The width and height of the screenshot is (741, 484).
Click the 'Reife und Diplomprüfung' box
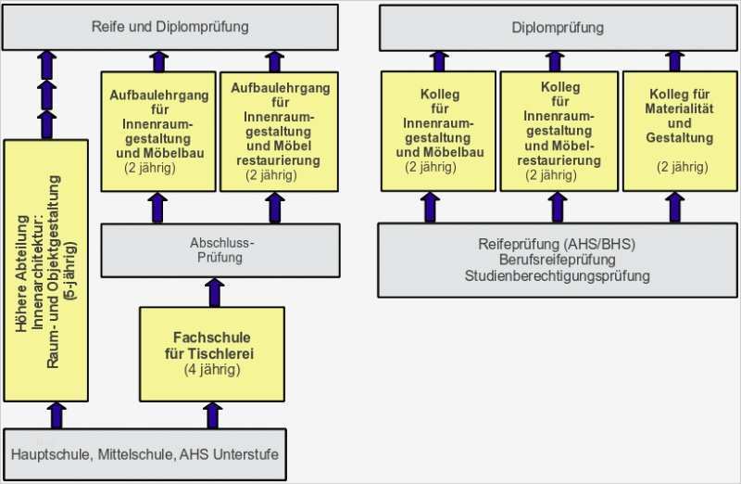tap(171, 27)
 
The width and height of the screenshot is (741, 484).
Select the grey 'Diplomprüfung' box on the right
tap(558, 27)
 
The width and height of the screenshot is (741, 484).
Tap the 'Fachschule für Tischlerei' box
tap(212, 352)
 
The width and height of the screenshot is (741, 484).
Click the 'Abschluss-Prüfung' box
tap(216, 250)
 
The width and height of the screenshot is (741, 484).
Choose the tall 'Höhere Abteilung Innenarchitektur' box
tap(46, 269)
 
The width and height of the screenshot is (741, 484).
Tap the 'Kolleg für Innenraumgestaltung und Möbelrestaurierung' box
tap(558, 131)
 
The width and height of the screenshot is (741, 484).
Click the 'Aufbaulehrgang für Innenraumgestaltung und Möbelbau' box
tap(157, 131)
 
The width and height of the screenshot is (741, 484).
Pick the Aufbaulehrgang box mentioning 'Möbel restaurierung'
tap(278, 131)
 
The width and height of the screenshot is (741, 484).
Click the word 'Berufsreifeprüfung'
tap(558, 261)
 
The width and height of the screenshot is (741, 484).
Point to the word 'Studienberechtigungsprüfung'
tap(558, 275)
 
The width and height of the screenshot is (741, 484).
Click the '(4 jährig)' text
tap(212, 370)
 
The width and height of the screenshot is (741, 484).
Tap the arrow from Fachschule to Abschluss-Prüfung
tap(216, 291)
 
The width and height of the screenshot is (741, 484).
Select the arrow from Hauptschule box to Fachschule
tap(213, 414)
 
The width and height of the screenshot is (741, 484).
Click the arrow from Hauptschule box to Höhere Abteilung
tap(57, 414)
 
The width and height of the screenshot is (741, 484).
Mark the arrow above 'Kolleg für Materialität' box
tap(675, 61)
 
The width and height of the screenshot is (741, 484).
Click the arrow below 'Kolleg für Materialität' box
tap(675, 206)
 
